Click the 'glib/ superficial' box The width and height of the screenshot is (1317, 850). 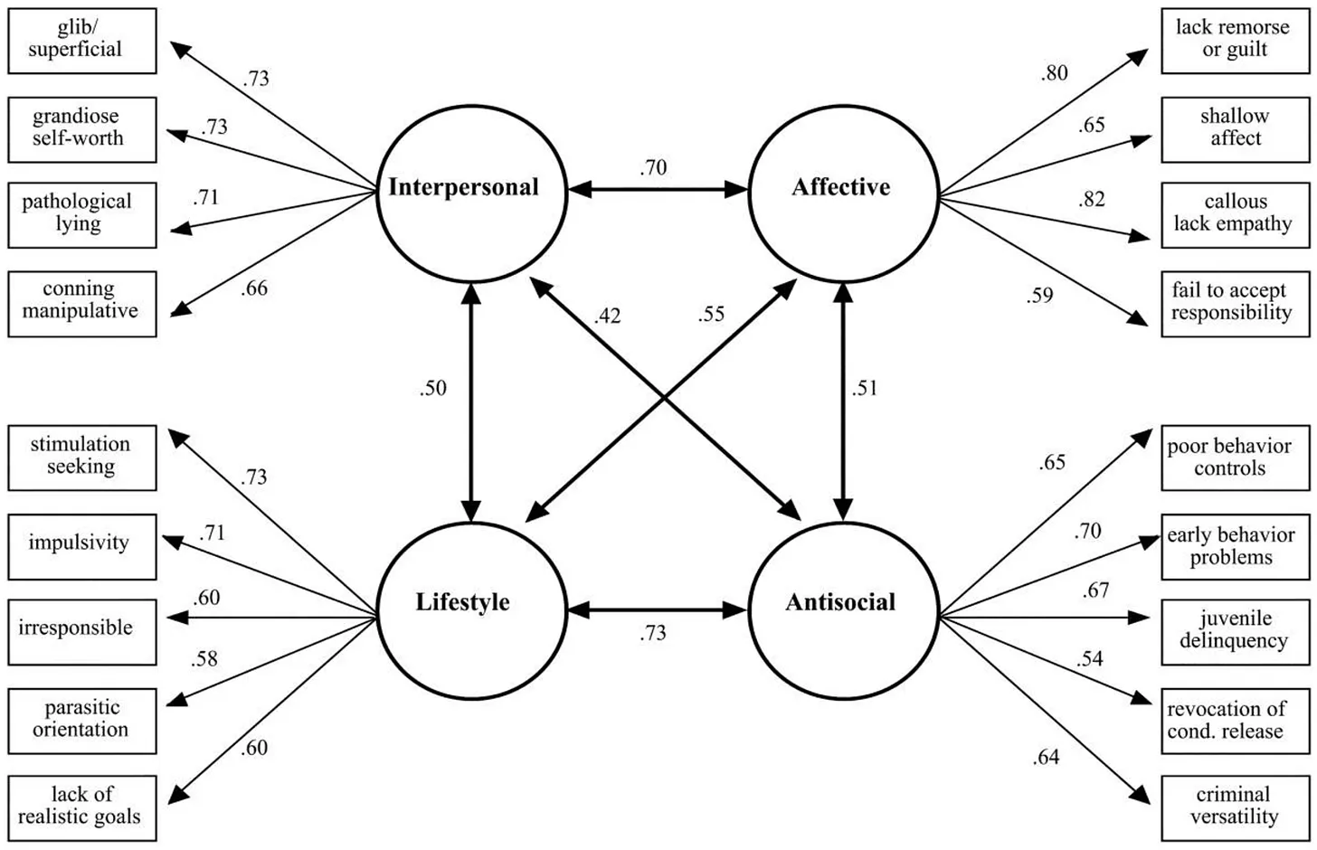[81, 41]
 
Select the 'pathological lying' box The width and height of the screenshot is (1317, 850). [81, 215]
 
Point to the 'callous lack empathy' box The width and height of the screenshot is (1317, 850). [1235, 215]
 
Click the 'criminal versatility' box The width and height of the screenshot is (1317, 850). [1235, 807]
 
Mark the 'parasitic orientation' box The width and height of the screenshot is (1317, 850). [81, 721]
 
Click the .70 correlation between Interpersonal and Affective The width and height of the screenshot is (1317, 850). [653, 167]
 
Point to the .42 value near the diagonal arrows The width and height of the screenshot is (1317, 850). [608, 316]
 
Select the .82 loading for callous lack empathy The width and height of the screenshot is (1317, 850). [1092, 199]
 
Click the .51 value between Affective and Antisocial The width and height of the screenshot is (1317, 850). [865, 388]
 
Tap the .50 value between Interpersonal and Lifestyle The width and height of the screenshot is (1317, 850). [433, 388]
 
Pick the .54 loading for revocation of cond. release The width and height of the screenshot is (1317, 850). [1090, 658]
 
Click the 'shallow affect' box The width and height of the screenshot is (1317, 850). [1235, 129]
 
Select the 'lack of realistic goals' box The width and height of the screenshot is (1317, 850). [81, 807]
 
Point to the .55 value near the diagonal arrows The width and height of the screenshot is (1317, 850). [712, 314]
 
